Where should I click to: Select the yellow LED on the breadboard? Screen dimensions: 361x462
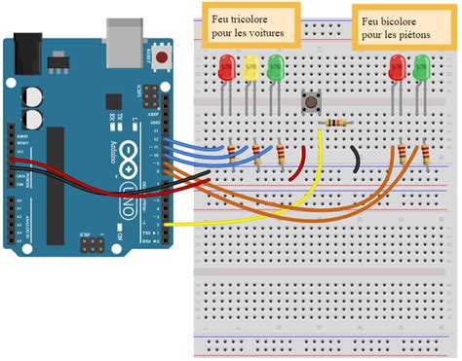click(x=251, y=68)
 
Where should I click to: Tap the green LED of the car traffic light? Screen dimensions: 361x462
click(x=276, y=68)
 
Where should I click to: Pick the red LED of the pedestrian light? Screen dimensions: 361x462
click(x=398, y=68)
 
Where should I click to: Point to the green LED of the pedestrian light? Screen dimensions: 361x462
click(x=422, y=68)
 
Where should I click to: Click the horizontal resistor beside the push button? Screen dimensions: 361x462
click(x=337, y=123)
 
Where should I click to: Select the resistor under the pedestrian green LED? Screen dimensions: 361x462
click(x=427, y=155)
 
